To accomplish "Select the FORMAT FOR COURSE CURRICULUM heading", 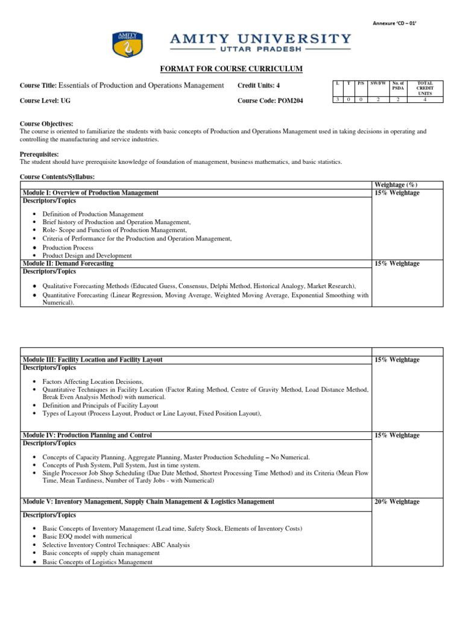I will (x=231, y=69).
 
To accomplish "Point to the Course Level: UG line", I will (x=46, y=101).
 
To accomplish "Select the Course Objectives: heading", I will (x=46, y=124).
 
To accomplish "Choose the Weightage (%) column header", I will (x=396, y=184).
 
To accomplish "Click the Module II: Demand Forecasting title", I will (x=68, y=263).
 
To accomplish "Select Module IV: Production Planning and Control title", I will (x=87, y=435).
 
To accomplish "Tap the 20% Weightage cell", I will (x=397, y=502).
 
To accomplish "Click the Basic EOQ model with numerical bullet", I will (x=87, y=536).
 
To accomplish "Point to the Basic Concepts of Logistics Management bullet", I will (x=97, y=562).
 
